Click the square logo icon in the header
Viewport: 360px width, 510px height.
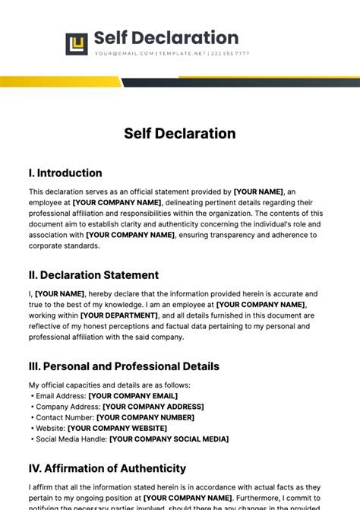(x=77, y=44)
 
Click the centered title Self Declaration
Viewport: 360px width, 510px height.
(x=180, y=134)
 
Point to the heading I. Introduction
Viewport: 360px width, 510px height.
(x=65, y=173)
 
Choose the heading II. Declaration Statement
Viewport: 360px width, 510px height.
(x=93, y=275)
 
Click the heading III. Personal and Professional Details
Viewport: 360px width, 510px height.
(x=124, y=366)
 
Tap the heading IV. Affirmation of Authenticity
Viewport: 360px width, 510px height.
(x=107, y=469)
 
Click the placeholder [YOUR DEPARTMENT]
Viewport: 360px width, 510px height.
(x=119, y=315)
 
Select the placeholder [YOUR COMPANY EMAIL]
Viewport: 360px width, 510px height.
(x=133, y=396)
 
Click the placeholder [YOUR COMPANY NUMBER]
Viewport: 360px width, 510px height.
(x=145, y=417)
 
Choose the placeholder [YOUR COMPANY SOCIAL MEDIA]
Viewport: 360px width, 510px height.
(x=169, y=439)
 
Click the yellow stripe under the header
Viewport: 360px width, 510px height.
(x=61, y=81)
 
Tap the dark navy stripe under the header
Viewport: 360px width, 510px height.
(x=243, y=82)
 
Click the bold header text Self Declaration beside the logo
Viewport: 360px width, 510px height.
(x=166, y=38)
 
